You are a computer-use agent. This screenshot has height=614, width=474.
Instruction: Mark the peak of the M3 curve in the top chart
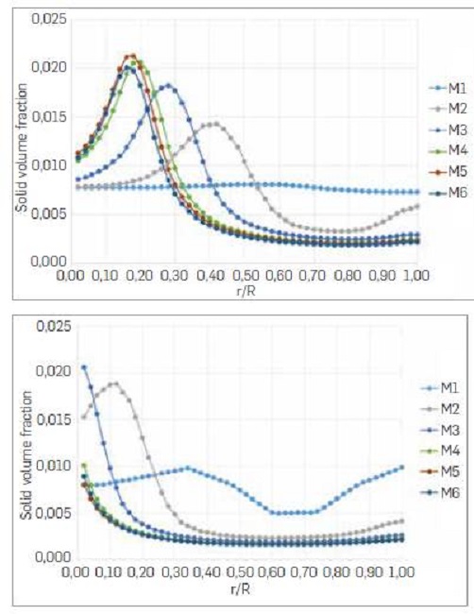click(x=170, y=86)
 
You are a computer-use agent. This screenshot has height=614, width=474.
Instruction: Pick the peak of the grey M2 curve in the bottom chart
click(x=113, y=384)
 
